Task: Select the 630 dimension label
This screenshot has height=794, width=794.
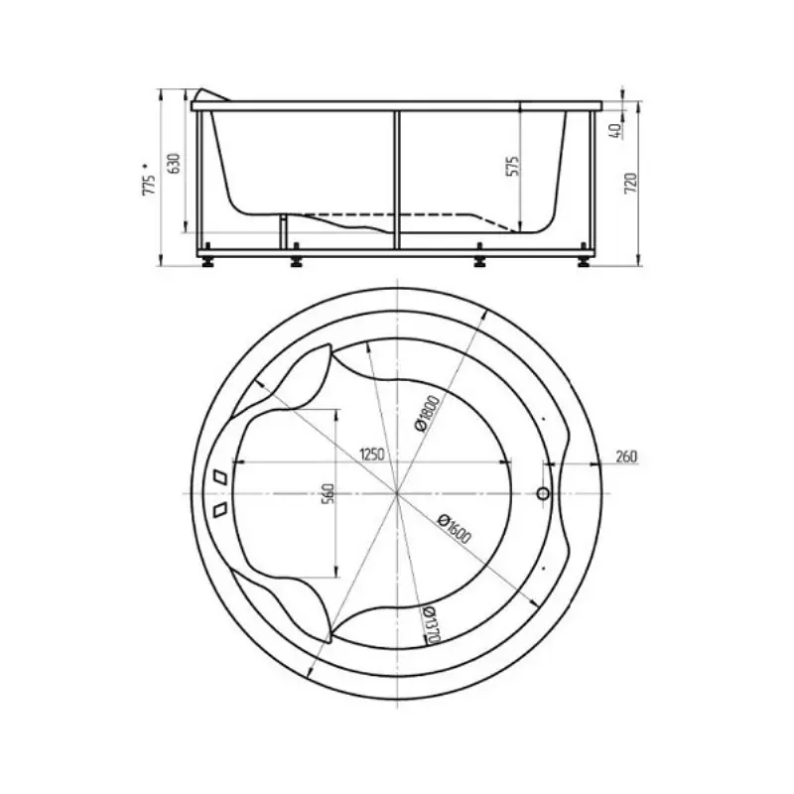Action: point(175,163)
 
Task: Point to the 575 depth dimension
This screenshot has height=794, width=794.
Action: point(512,167)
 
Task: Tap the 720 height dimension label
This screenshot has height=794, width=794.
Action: point(631,184)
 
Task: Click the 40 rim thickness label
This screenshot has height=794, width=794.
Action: point(616,131)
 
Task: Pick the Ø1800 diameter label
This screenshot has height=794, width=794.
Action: point(427,413)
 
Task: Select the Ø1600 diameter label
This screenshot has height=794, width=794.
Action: point(455,528)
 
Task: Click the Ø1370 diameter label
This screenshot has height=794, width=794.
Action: point(430,626)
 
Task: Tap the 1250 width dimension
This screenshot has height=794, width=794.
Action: point(372,455)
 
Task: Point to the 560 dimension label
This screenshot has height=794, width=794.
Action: point(329,493)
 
